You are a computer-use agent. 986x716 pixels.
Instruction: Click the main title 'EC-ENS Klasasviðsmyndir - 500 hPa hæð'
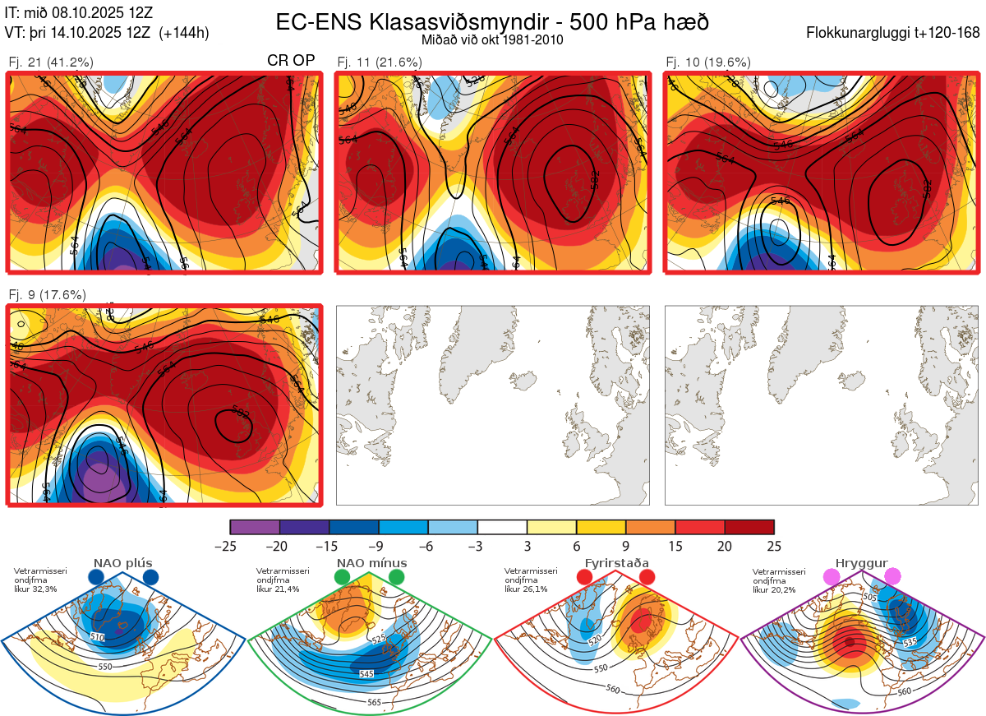tap(492, 21)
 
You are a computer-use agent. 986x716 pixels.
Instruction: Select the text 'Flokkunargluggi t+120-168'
tap(893, 34)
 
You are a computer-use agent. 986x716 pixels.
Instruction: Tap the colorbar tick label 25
tap(774, 546)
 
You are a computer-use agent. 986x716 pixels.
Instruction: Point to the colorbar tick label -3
tap(477, 546)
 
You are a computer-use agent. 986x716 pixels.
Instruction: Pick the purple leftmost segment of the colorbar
tap(255, 527)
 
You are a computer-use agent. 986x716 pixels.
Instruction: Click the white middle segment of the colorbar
tap(502, 527)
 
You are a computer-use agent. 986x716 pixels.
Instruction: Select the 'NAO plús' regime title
tap(123, 563)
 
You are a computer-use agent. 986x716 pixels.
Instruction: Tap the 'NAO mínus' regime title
tap(371, 563)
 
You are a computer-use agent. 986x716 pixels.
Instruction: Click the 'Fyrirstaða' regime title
tap(616, 563)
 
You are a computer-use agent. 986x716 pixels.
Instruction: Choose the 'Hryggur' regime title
tap(859, 563)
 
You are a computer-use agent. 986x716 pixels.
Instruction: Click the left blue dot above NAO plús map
tap(95, 577)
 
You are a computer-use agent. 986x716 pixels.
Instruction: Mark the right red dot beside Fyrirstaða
tap(647, 577)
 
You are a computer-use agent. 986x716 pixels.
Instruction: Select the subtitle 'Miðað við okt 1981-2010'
tap(492, 39)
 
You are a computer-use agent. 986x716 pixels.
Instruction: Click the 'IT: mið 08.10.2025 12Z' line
tap(78, 13)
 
